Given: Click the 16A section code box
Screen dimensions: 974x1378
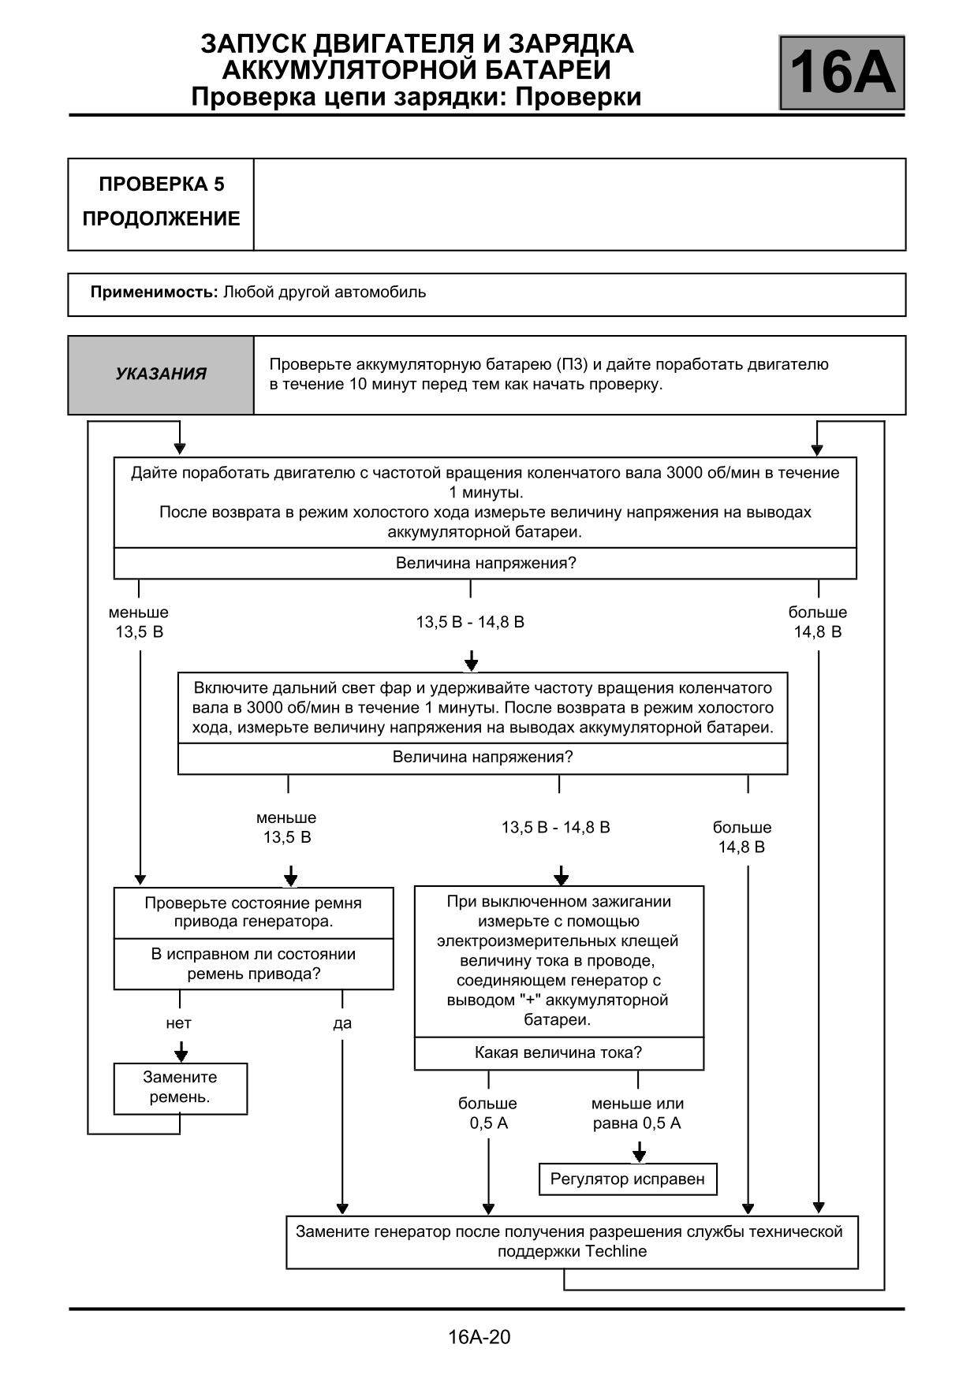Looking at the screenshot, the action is pyautogui.click(x=842, y=73).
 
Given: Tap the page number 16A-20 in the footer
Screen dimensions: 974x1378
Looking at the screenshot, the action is pyautogui.click(x=479, y=1336).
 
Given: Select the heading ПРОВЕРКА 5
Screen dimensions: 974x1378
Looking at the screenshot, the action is pyautogui.click(x=162, y=184).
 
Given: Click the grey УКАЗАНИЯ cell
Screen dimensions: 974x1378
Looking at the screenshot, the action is pyautogui.click(x=161, y=374).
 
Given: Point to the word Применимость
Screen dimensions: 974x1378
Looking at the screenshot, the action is pyautogui.click(x=154, y=292).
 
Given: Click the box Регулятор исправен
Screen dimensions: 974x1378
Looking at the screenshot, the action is pyautogui.click(x=628, y=1179).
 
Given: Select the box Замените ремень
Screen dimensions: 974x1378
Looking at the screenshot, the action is pyautogui.click(x=181, y=1088).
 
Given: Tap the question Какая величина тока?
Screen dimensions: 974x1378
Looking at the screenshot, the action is pyautogui.click(x=558, y=1052).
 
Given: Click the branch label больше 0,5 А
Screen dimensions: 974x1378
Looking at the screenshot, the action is pyautogui.click(x=488, y=1113).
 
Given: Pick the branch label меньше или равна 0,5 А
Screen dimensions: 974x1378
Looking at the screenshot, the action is pyautogui.click(x=637, y=1113).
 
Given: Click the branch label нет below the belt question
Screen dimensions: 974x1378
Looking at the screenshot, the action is pyautogui.click(x=179, y=1023).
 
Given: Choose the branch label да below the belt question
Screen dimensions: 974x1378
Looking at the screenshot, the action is pyautogui.click(x=342, y=1023).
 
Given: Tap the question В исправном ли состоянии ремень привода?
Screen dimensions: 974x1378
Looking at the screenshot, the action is pyautogui.click(x=254, y=963).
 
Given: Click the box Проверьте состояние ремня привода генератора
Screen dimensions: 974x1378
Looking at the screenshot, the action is pyautogui.click(x=254, y=912).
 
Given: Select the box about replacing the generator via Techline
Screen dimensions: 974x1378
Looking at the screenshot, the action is pyautogui.click(x=572, y=1242).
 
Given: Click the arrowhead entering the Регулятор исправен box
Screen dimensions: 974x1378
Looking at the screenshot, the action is pyautogui.click(x=639, y=1156).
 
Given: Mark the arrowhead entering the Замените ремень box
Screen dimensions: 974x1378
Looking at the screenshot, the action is pyautogui.click(x=181, y=1056).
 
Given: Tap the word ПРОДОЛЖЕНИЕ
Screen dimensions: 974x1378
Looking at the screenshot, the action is pyautogui.click(x=161, y=219).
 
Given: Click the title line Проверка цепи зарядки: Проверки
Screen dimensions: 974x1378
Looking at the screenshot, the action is pyautogui.click(x=416, y=97).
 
